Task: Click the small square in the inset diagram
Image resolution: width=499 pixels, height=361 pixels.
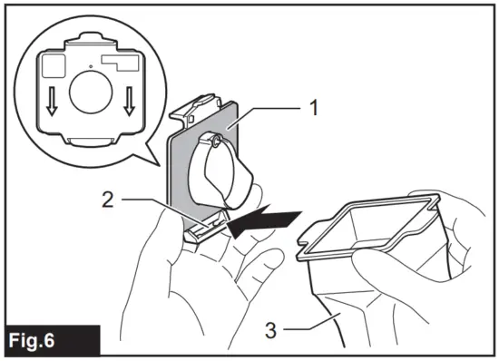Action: click(50, 64)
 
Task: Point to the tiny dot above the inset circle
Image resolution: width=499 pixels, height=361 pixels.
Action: click(90, 65)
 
